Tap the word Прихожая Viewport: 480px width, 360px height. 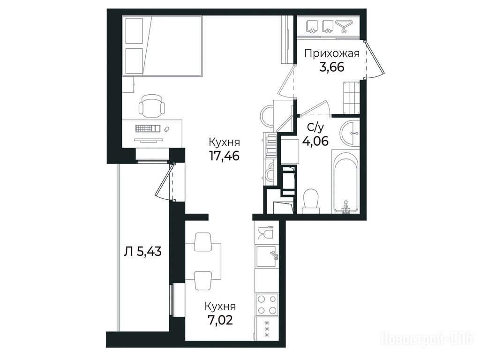(x=331, y=54)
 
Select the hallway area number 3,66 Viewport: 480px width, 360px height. (x=331, y=67)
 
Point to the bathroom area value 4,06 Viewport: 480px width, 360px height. (x=315, y=141)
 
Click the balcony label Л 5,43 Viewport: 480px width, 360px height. (x=143, y=252)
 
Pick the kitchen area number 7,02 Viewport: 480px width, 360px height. (x=219, y=320)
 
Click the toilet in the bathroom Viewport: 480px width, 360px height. (x=311, y=201)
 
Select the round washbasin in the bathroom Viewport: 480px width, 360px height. (x=350, y=133)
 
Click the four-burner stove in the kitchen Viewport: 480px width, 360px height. (x=267, y=304)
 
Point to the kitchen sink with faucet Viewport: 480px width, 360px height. (x=267, y=256)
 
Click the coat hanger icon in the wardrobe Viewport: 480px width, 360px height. (x=345, y=26)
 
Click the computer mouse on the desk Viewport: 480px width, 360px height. (x=167, y=129)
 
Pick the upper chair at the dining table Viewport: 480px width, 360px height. (x=202, y=241)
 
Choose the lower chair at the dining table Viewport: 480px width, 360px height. (x=202, y=280)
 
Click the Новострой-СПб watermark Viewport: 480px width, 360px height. (x=427, y=338)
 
